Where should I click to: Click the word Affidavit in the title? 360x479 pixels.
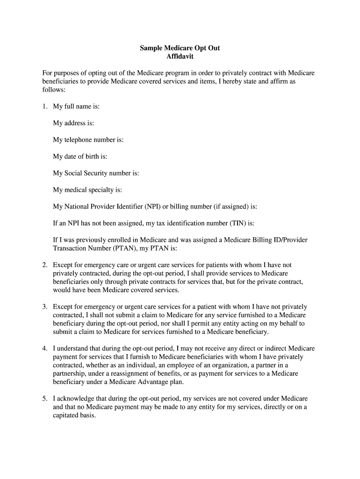pos(180,57)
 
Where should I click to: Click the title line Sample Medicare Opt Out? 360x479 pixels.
pos(180,48)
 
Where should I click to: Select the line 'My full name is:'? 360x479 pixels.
pos(76,106)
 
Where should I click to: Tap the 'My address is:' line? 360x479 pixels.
pos(73,123)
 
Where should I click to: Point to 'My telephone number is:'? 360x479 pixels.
pos(88,139)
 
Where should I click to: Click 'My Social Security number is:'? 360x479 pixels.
pos(96,173)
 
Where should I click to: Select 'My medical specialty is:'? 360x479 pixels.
pos(87,190)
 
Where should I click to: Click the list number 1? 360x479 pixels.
pos(44,106)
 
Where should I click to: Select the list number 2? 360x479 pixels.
pos(44,265)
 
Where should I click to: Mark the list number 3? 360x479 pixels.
pos(44,307)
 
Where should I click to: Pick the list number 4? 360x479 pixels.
pos(44,348)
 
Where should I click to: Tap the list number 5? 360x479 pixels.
pos(44,399)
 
